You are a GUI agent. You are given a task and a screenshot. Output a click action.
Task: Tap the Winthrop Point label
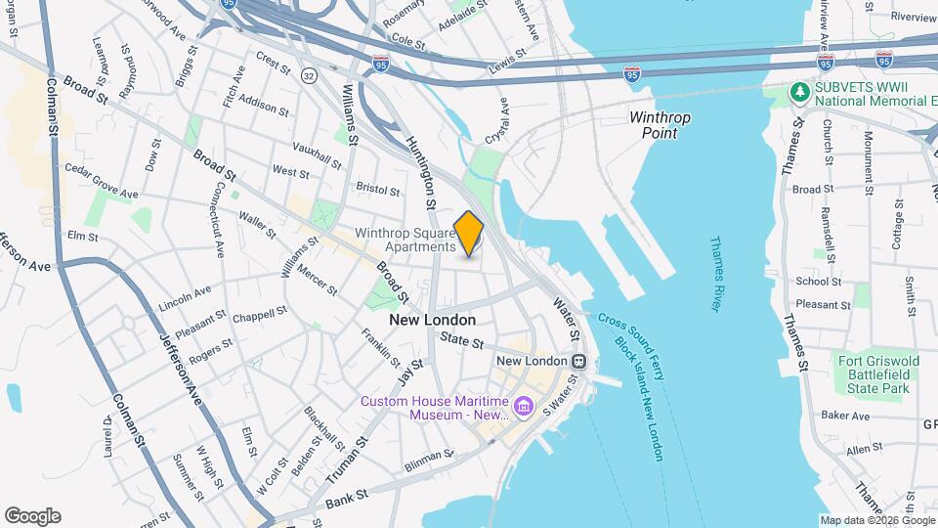(x=660, y=125)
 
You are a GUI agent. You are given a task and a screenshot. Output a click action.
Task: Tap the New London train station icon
(x=579, y=361)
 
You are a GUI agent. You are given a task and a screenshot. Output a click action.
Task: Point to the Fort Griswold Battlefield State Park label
(x=878, y=374)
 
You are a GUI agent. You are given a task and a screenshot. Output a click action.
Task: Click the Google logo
(x=32, y=516)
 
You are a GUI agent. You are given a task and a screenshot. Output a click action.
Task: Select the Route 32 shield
(x=309, y=74)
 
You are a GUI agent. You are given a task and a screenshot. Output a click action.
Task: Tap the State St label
(x=462, y=341)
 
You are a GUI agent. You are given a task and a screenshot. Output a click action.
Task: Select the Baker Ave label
(x=845, y=416)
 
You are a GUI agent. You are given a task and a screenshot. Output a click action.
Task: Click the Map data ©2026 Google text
(x=875, y=520)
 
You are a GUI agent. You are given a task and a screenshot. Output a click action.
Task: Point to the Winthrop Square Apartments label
(x=405, y=241)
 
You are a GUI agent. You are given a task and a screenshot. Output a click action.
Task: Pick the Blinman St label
(x=430, y=457)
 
